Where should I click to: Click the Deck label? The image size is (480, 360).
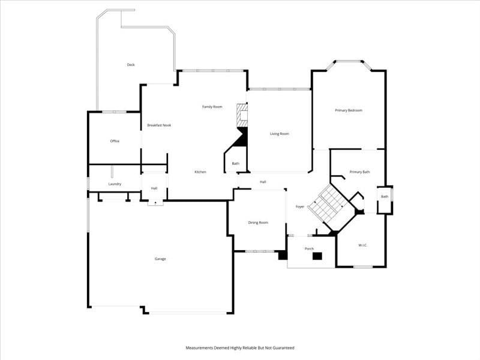(x=131, y=65)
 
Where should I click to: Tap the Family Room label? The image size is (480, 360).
(x=212, y=107)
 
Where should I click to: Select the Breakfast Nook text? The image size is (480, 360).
(x=159, y=125)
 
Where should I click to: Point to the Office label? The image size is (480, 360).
(x=115, y=141)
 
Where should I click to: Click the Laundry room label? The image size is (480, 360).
(x=115, y=184)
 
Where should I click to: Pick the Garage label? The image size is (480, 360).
(x=160, y=259)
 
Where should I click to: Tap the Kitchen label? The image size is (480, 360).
(x=200, y=172)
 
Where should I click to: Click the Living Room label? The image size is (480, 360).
(x=280, y=134)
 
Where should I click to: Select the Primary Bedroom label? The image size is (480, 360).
(x=349, y=110)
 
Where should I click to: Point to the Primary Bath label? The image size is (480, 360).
(x=359, y=172)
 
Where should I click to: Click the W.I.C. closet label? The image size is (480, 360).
(x=363, y=245)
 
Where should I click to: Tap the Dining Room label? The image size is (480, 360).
(x=258, y=223)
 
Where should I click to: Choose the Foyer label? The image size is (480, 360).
(x=300, y=206)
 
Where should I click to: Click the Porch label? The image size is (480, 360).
(x=309, y=249)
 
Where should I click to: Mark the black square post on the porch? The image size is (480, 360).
(x=317, y=256)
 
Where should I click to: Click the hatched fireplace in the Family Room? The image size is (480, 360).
(x=242, y=115)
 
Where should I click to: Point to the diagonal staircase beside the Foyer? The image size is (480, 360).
(x=328, y=203)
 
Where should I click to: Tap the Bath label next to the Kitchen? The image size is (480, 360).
(x=236, y=163)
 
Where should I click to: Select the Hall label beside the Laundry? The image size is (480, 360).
(x=154, y=188)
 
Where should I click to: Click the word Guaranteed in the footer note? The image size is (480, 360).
(x=283, y=348)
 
